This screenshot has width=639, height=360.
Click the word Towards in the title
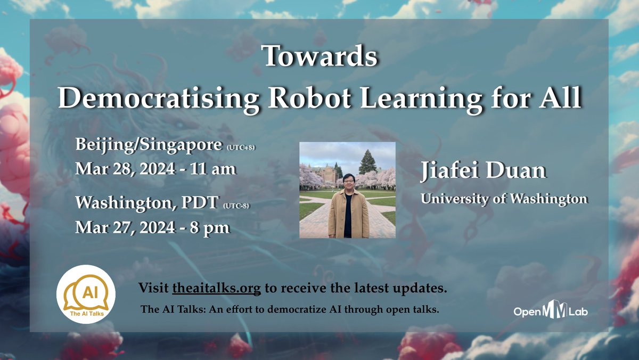(x=319, y=56)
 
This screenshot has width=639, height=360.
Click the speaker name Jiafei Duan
(x=483, y=171)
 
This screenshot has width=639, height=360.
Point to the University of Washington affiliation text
(x=504, y=199)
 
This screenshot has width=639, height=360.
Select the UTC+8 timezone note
(x=241, y=146)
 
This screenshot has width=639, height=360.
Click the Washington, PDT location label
(x=146, y=202)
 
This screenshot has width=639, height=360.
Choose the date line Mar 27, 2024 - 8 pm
(x=153, y=227)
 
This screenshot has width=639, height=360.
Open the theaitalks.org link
(x=217, y=289)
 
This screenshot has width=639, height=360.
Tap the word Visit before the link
(x=154, y=289)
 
